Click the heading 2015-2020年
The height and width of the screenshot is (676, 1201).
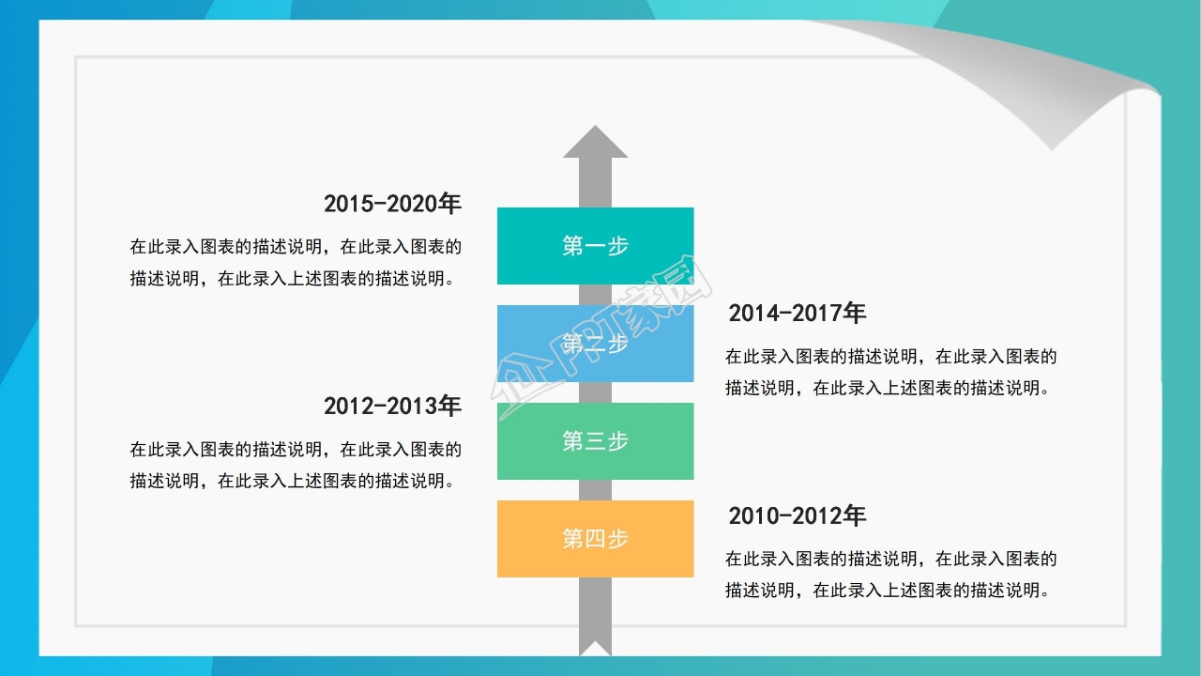[x=392, y=204]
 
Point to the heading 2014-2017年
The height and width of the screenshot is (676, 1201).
[x=797, y=313]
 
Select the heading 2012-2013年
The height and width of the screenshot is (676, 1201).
[x=392, y=406]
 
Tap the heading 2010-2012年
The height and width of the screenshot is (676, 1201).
[x=797, y=515]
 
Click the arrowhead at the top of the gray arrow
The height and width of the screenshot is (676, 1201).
[x=595, y=142]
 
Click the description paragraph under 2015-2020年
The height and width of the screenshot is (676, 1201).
[x=296, y=263]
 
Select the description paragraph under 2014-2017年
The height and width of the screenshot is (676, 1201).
[x=890, y=372]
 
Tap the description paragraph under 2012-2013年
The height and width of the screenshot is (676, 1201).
[x=296, y=465]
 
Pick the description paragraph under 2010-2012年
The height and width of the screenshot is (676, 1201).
[x=890, y=575]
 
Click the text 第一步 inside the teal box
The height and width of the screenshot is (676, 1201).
[x=595, y=246]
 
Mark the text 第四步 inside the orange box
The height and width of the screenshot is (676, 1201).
[x=595, y=539]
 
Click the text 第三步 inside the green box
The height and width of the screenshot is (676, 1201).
[x=595, y=441]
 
